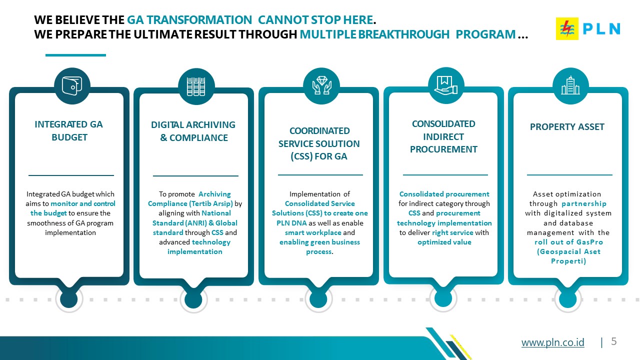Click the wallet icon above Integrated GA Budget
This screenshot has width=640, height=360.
[x=72, y=85]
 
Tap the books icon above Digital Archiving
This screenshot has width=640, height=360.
[x=196, y=86]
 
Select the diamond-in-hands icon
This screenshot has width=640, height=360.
[x=321, y=85]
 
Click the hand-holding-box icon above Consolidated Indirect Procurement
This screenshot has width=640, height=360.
[x=445, y=85]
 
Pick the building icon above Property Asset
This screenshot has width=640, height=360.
[x=570, y=85]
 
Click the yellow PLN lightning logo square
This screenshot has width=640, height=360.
[x=567, y=28]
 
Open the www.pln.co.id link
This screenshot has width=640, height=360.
[x=553, y=342]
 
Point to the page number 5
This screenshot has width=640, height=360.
[x=613, y=341]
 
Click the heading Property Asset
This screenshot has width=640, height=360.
[x=567, y=126]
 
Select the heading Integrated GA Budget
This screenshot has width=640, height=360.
[x=69, y=131]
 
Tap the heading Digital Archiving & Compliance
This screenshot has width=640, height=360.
[x=193, y=131]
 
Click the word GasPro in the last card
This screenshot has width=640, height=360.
[x=589, y=242]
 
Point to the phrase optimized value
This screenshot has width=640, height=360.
[x=444, y=242]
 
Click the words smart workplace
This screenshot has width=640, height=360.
[x=313, y=232]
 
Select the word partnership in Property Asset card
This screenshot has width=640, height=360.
[x=584, y=203]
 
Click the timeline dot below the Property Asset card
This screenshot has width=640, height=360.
[x=567, y=299]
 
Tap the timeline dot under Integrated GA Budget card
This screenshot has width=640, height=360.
[x=69, y=299]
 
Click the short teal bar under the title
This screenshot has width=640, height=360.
[x=75, y=55]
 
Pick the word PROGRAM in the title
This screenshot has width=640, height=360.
[x=485, y=34]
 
